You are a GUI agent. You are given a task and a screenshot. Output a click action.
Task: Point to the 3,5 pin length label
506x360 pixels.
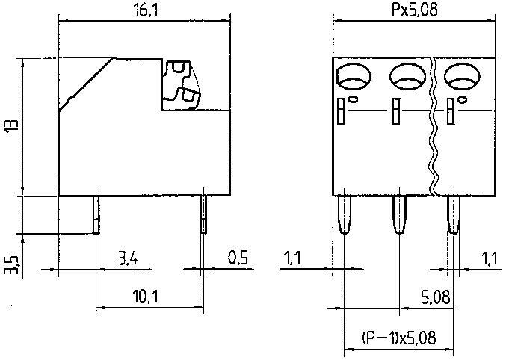9,263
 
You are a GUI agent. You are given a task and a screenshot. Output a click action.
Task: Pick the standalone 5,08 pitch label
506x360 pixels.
436,297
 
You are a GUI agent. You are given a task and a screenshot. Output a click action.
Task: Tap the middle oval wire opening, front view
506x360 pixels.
406,75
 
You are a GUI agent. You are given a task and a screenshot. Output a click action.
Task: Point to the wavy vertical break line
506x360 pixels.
432,127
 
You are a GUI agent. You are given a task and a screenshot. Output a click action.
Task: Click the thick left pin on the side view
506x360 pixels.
96,214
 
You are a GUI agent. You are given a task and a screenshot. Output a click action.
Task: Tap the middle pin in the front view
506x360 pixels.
398,215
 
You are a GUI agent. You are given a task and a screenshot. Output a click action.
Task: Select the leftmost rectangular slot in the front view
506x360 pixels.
342,111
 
